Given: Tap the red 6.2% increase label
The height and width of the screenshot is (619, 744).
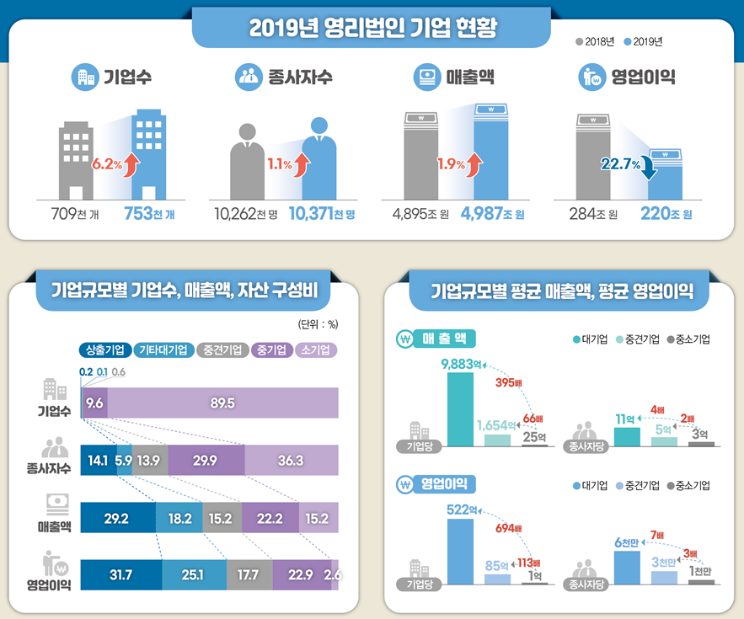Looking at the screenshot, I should click(107, 164).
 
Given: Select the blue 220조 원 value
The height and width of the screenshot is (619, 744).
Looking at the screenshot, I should click(666, 215).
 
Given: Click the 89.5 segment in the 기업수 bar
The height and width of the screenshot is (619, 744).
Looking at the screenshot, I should click(223, 403).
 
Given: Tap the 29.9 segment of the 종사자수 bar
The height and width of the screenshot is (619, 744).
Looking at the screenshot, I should click(206, 461).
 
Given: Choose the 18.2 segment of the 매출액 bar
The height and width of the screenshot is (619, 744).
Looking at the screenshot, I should click(179, 518).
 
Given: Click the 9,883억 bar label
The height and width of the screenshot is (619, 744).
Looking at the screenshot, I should click(461, 364).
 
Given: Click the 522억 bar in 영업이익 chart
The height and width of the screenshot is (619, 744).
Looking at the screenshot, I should click(460, 552).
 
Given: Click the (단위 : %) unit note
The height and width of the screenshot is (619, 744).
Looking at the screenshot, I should click(318, 323).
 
